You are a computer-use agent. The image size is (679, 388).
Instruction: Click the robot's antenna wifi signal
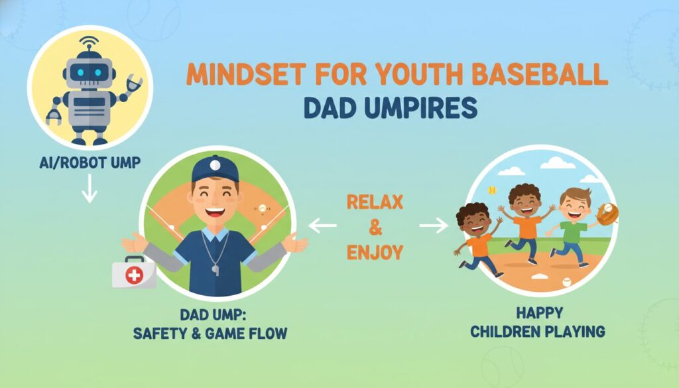(88, 42)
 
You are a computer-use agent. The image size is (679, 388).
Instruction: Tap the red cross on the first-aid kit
(134, 275)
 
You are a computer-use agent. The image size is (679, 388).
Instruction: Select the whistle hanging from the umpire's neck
(216, 269)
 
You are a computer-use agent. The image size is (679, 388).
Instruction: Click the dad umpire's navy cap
(216, 169)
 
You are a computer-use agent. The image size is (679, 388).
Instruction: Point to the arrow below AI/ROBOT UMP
(90, 188)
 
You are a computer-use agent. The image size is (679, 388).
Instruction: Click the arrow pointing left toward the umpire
(323, 226)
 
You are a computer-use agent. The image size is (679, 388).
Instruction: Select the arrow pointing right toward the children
(434, 226)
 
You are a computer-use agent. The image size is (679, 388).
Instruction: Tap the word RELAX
(375, 202)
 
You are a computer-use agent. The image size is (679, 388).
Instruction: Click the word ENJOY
(375, 252)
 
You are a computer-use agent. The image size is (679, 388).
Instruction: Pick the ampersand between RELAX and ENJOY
(375, 227)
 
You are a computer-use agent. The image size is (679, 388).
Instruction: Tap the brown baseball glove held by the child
(607, 214)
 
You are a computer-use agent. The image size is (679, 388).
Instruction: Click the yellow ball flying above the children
(492, 190)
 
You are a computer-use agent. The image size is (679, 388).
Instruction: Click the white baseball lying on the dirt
(566, 282)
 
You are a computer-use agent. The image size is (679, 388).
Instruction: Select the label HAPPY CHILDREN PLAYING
(538, 322)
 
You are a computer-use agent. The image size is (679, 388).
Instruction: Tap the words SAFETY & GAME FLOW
(210, 334)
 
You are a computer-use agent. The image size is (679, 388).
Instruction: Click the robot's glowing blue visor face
(90, 72)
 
